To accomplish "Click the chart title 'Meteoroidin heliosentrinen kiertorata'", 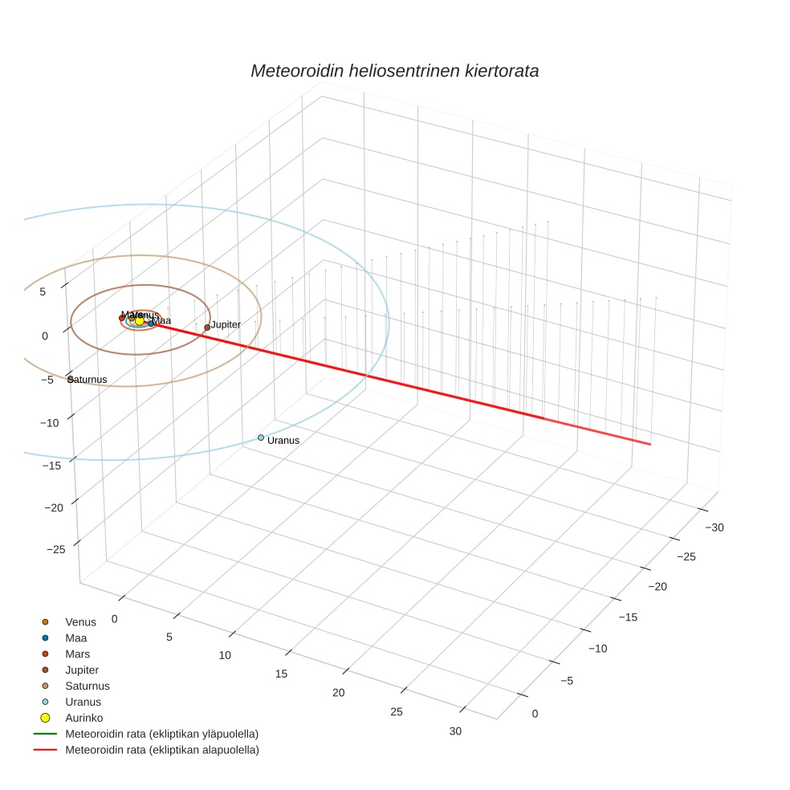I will (394, 71).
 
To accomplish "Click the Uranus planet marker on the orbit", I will (261, 438).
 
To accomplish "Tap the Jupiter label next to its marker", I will (226, 324).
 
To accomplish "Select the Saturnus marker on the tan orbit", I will (71, 379).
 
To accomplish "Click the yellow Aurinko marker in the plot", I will (140, 320).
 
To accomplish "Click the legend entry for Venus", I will (80, 622).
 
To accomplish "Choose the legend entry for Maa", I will (75, 638).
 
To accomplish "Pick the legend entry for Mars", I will (77, 654).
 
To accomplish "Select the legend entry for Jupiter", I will (82, 670).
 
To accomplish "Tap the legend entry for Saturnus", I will (87, 686).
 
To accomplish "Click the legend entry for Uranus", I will (83, 702).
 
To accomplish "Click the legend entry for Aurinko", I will (83, 718).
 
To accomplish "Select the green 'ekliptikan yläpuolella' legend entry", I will (161, 734).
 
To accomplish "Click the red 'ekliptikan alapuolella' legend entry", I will (161, 750).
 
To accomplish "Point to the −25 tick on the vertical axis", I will (56, 549).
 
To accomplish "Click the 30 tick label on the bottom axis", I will (455, 731).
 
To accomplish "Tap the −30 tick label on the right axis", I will (713, 527).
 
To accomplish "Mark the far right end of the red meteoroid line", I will (650, 444).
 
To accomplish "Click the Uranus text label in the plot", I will (283, 441).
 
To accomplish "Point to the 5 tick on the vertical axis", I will (43, 292).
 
